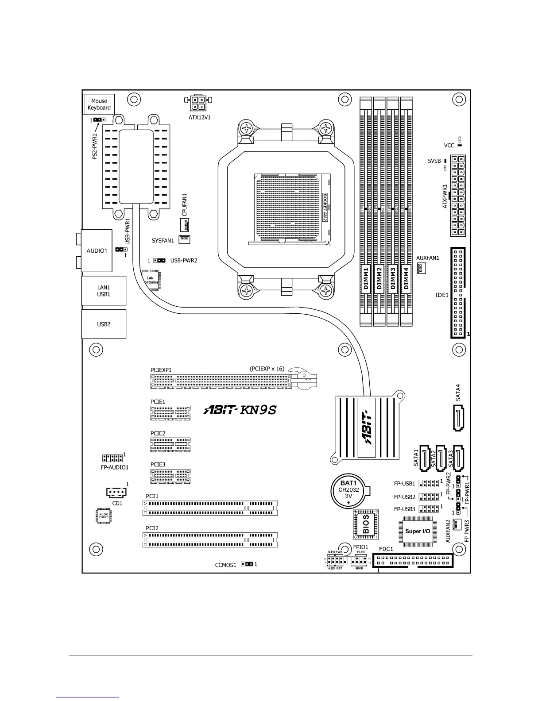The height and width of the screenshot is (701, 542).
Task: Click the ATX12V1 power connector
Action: pyautogui.click(x=198, y=103)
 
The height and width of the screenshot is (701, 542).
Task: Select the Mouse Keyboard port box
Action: pyautogui.click(x=99, y=104)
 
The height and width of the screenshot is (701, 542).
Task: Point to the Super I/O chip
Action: pyautogui.click(x=418, y=531)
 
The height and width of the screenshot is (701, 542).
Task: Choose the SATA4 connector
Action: pyautogui.click(x=458, y=418)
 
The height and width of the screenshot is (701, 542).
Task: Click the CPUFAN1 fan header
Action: pyautogui.click(x=185, y=225)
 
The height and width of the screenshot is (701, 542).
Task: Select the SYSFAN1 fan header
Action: pyautogui.click(x=184, y=239)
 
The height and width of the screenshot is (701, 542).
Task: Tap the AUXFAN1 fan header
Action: pyautogui.click(x=421, y=268)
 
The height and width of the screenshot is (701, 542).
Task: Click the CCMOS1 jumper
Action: pyautogui.click(x=247, y=564)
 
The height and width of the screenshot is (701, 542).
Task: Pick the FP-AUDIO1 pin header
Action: pyautogui.click(x=112, y=458)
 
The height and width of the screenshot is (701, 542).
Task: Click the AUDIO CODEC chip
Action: pyautogui.click(x=104, y=516)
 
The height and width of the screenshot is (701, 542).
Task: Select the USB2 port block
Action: pyautogui.click(x=104, y=324)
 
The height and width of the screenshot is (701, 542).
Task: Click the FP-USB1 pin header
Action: pyautogui.click(x=428, y=483)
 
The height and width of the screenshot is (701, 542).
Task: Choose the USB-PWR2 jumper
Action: pyautogui.click(x=159, y=261)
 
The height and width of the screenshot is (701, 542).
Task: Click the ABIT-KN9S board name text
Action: pyautogui.click(x=240, y=410)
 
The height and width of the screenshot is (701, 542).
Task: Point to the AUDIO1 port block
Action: pyautogui.click(x=97, y=250)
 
